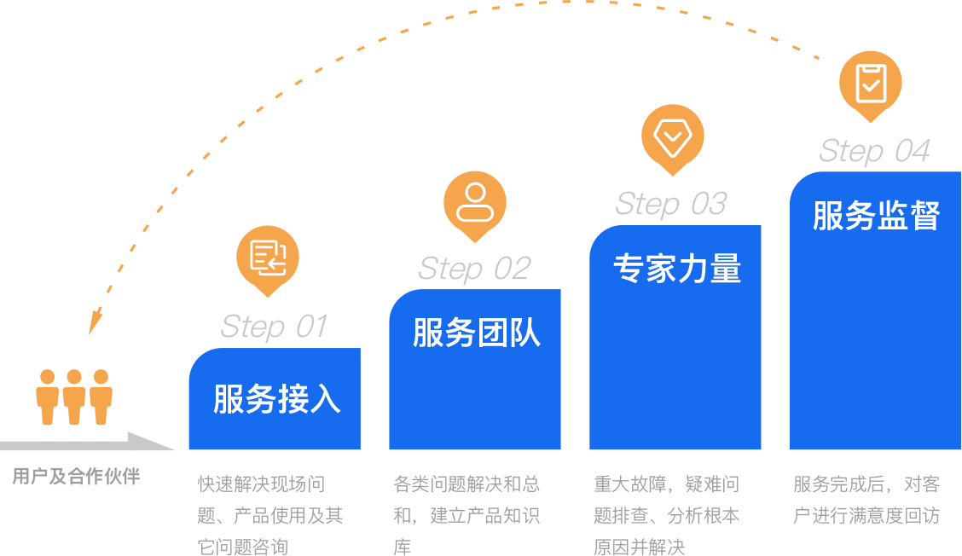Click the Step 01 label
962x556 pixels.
274,327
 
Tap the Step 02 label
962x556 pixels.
474,269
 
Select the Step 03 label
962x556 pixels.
671,204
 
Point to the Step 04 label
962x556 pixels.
874,151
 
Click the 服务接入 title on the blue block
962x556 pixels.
277,399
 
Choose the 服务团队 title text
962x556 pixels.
477,333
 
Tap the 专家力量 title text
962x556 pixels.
677,269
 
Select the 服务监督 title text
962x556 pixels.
876,216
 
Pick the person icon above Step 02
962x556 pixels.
475,202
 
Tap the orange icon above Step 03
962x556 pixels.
672,136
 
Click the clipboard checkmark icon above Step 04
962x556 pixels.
871,82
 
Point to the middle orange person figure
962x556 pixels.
74,397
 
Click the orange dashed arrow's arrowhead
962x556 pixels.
95,324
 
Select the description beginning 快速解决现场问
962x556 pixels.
269,515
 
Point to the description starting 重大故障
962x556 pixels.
667,515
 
